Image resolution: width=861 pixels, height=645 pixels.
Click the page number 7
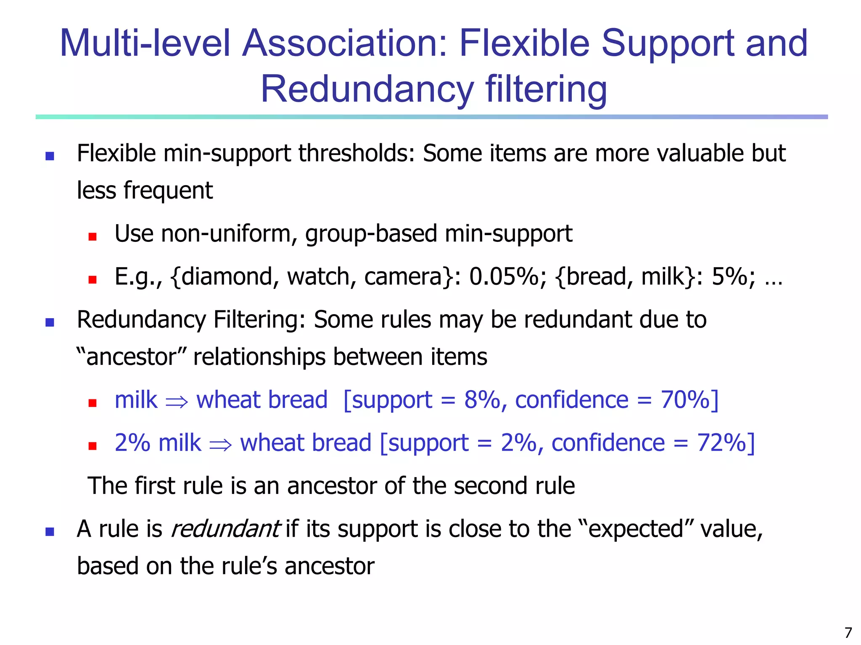pos(848,632)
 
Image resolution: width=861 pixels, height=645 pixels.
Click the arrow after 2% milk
pos(220,444)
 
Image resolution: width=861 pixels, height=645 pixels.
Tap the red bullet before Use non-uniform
pos(92,237)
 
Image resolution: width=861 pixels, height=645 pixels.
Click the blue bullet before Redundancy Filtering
pos(50,322)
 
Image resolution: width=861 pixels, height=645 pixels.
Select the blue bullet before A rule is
pos(50,532)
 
